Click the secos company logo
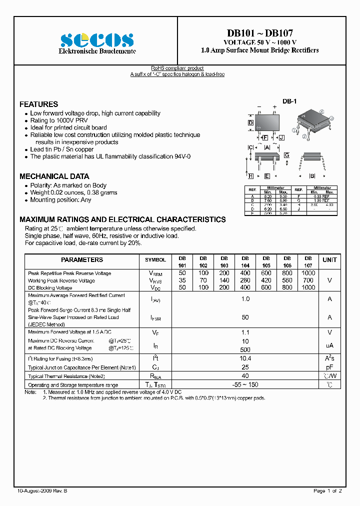click(x=97, y=39)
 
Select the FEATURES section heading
click(x=38, y=104)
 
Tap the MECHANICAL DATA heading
click(x=54, y=176)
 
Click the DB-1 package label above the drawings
click(x=289, y=101)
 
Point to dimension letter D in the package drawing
click(x=251, y=122)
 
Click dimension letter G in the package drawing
click(x=287, y=155)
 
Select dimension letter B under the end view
click(x=312, y=176)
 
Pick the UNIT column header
click(x=329, y=260)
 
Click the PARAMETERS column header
click(x=82, y=260)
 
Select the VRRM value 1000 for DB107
click(x=308, y=273)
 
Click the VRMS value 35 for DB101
click(x=182, y=281)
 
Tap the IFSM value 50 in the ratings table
click(x=245, y=317)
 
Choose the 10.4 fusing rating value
click(x=245, y=358)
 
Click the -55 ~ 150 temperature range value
click(x=245, y=384)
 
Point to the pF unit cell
click(x=329, y=367)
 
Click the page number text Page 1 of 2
click(x=327, y=491)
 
